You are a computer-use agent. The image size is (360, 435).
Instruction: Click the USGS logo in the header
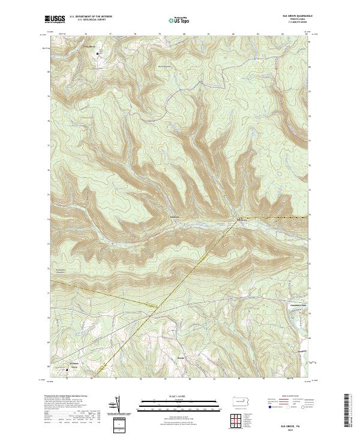click(x=55, y=19)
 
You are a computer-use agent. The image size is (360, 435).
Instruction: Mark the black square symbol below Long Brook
click(x=99, y=54)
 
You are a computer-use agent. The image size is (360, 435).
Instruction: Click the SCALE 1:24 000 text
click(x=180, y=396)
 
